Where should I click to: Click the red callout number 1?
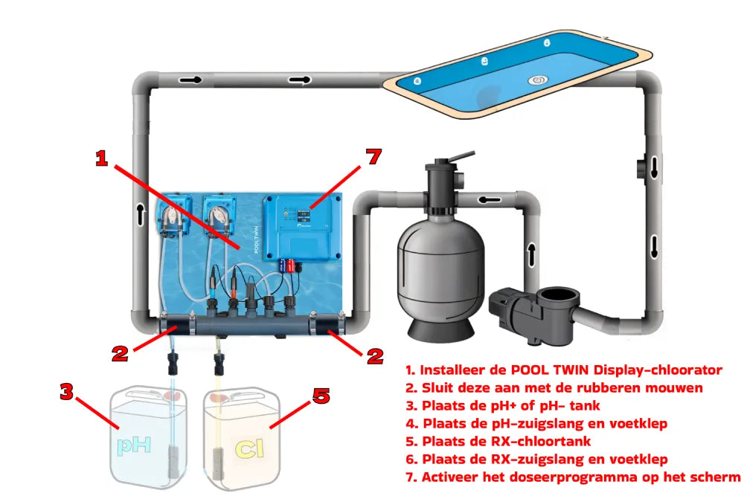click(101, 158)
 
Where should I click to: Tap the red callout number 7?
click(373, 157)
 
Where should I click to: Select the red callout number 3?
click(67, 392)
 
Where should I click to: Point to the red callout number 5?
click(321, 396)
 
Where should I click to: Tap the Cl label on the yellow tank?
click(244, 448)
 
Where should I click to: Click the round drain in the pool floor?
click(538, 80)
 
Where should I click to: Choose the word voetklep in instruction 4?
click(640, 423)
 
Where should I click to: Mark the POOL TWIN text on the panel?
click(257, 240)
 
